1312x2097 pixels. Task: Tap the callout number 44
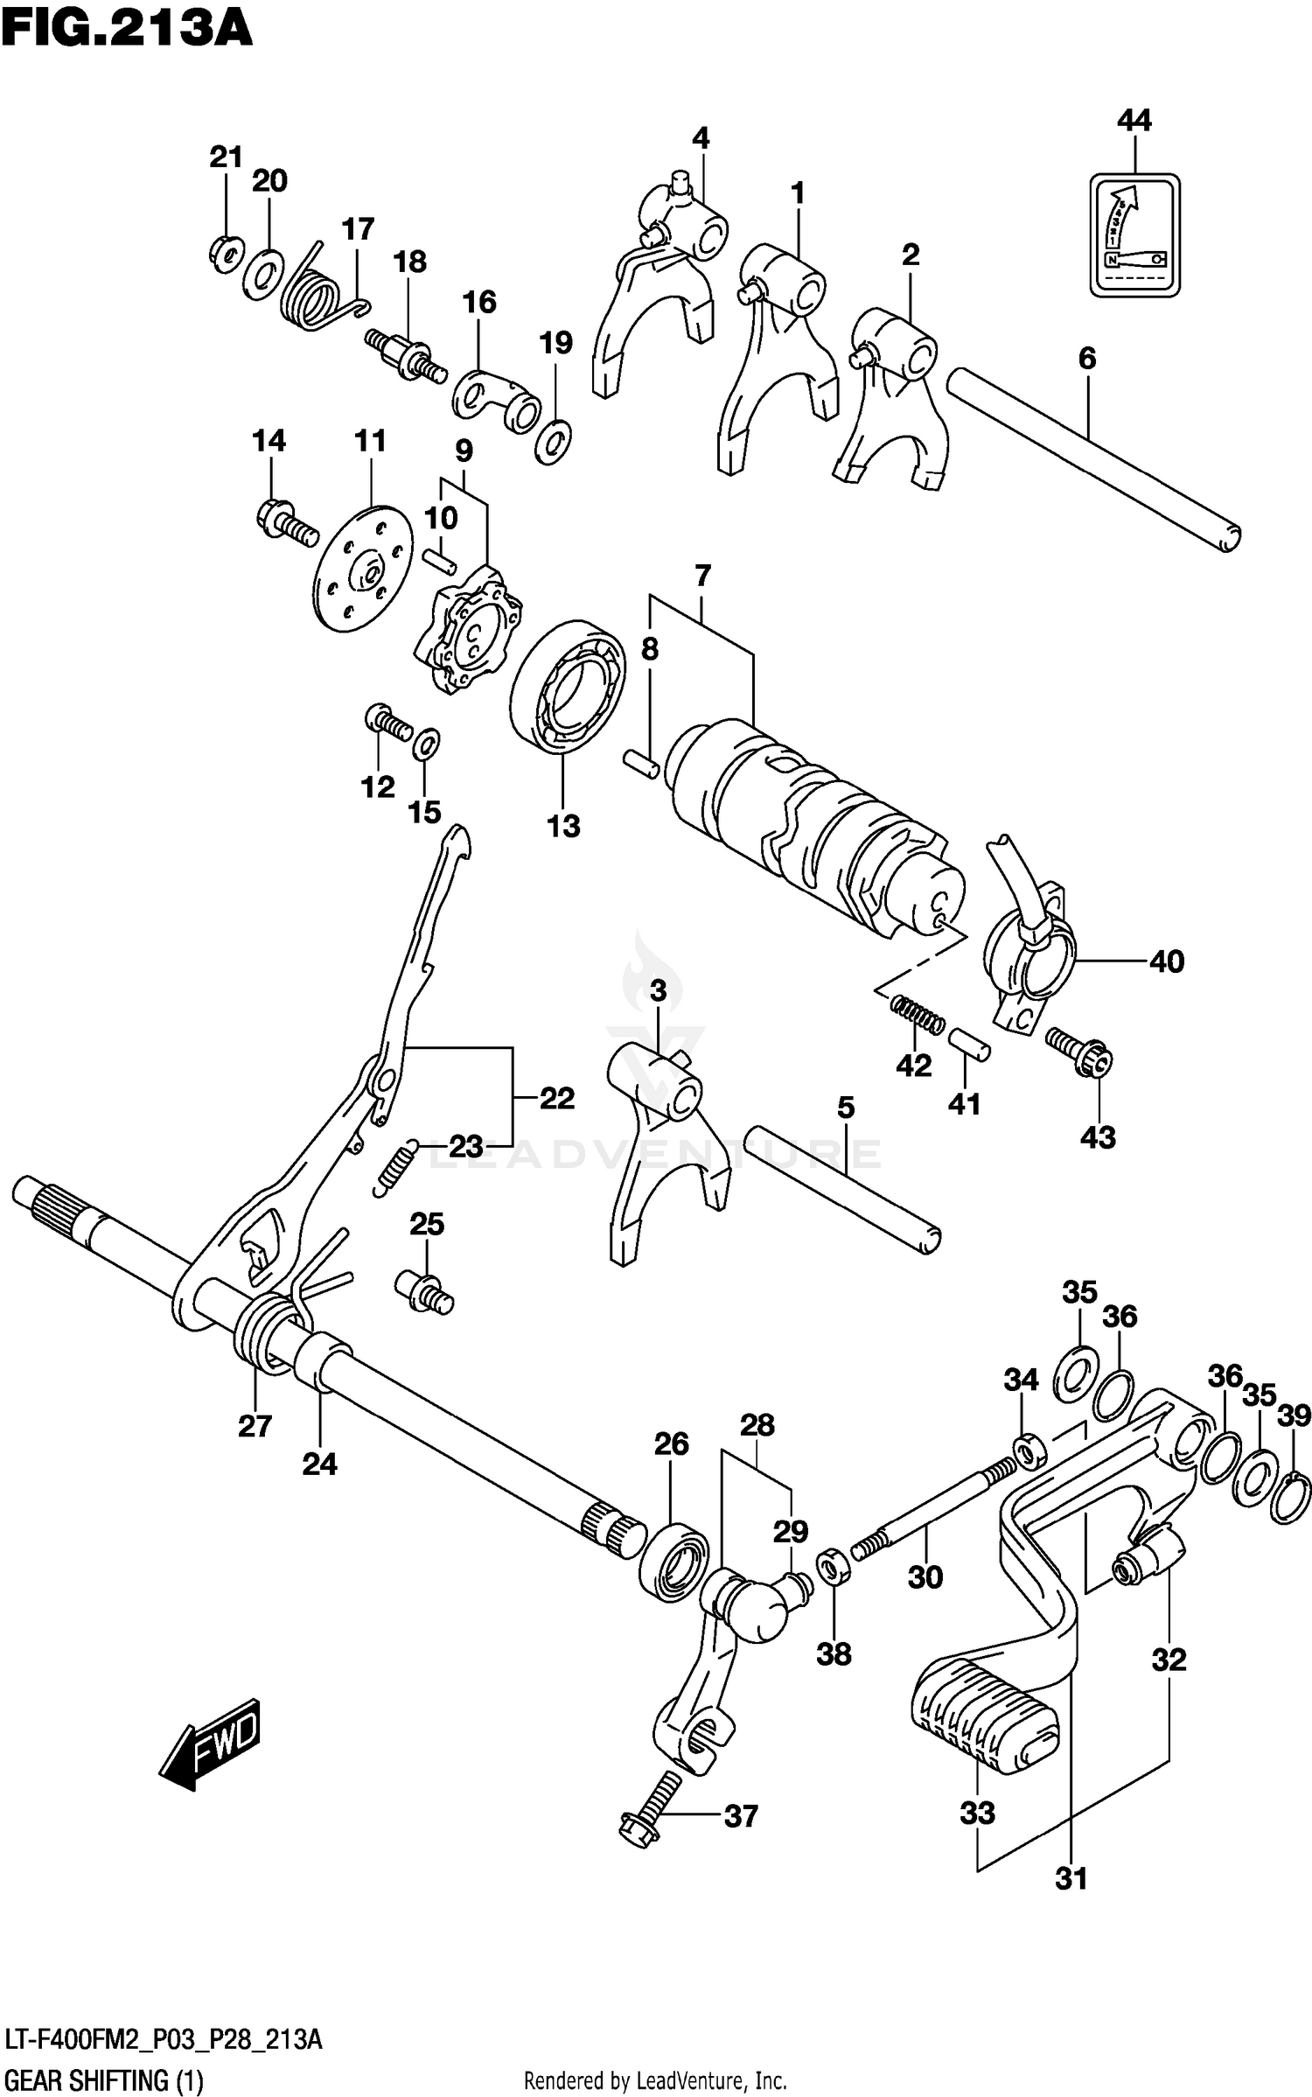(x=1134, y=120)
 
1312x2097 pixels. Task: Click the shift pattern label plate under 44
(x=1134, y=234)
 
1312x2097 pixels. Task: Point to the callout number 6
(x=1086, y=358)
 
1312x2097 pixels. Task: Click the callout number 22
(x=556, y=1097)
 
